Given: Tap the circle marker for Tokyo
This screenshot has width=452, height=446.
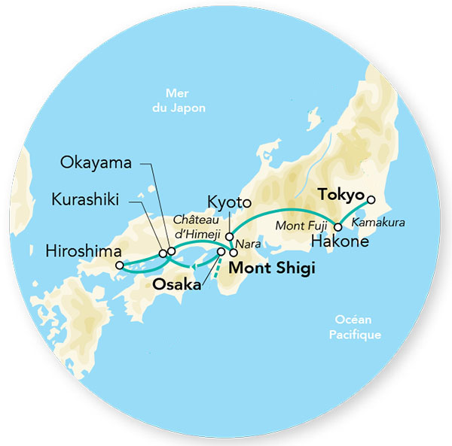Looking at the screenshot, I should [x=369, y=201].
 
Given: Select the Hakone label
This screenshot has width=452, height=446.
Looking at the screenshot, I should [x=340, y=241].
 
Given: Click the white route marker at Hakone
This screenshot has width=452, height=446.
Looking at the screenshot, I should [x=338, y=227].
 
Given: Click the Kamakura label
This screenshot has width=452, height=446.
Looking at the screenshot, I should [x=377, y=224].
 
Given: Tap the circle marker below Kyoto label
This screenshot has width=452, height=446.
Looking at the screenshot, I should [x=228, y=236].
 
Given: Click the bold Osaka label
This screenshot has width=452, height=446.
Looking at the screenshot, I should [x=176, y=285].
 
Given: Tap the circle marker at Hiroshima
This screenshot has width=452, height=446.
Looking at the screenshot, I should [x=118, y=265].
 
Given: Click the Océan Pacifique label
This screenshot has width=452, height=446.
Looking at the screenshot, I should [x=354, y=328].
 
